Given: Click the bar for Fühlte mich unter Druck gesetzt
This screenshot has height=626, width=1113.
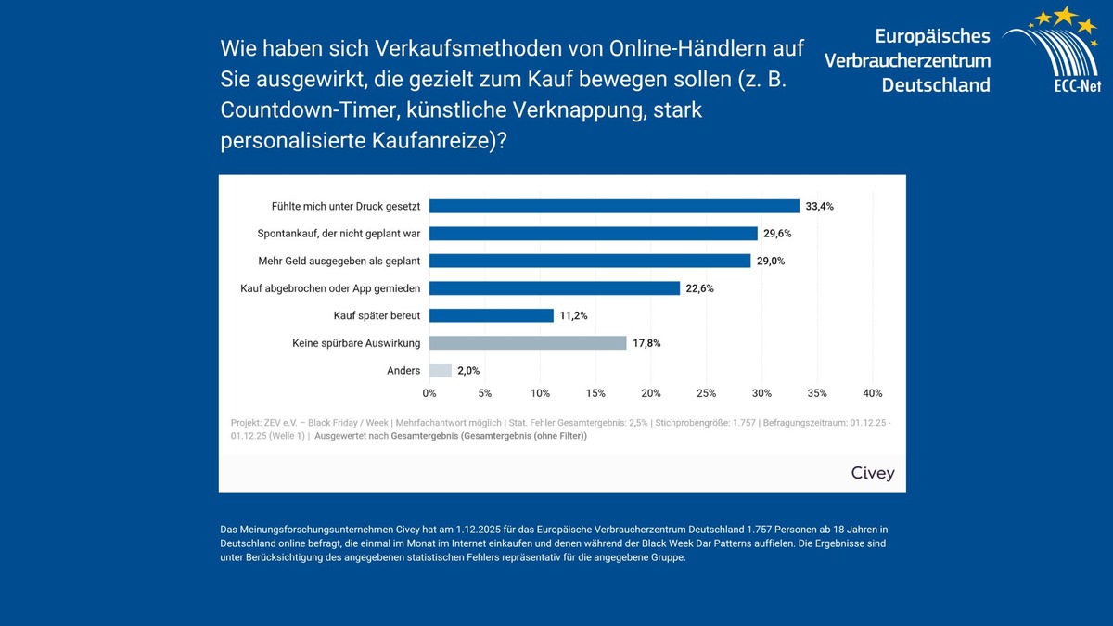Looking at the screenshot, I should coord(614,206).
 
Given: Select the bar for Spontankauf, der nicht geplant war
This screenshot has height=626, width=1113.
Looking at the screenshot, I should coord(594,234).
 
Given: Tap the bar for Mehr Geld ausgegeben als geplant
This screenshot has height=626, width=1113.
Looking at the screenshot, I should coord(590,261).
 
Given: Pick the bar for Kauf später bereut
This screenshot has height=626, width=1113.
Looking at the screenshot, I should coord(492,315).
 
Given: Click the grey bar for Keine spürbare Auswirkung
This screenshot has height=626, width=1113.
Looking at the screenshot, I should coord(528,343).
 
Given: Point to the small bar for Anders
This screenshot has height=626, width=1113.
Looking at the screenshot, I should coord(441,370).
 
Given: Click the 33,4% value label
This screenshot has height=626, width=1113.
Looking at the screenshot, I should coord(820,207).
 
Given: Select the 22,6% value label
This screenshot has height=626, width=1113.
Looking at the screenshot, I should coord(700,288).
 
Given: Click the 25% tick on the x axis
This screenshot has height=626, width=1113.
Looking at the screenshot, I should coord(706,393).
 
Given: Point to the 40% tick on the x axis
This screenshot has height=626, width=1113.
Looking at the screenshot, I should coord(872,393).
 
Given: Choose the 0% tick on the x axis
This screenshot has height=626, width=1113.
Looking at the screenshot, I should coord(429,393).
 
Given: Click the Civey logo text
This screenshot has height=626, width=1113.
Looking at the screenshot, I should coord(873,473).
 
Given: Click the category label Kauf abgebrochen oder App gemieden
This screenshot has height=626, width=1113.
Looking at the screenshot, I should coord(330,288).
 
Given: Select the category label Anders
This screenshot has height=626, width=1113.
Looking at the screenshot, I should coord(403,371).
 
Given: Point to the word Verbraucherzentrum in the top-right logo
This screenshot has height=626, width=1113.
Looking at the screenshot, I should coord(907,60).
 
